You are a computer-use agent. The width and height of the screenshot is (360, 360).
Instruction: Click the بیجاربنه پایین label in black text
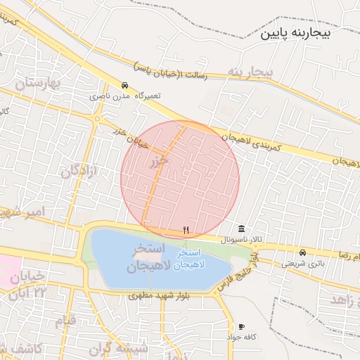(x=309, y=33)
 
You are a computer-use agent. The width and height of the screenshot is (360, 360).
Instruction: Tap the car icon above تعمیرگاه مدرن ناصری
(x=124, y=84)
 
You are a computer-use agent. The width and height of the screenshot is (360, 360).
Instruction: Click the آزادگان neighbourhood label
(x=78, y=170)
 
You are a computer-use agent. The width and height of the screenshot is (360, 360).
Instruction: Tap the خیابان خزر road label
(x=130, y=136)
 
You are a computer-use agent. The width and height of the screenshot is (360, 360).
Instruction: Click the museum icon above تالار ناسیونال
(x=242, y=229)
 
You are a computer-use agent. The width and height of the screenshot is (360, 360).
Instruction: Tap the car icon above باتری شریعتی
(x=302, y=252)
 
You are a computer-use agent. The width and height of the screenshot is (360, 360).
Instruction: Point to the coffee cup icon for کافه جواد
(x=242, y=326)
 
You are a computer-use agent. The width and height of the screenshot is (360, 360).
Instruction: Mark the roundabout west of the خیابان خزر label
(x=96, y=119)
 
